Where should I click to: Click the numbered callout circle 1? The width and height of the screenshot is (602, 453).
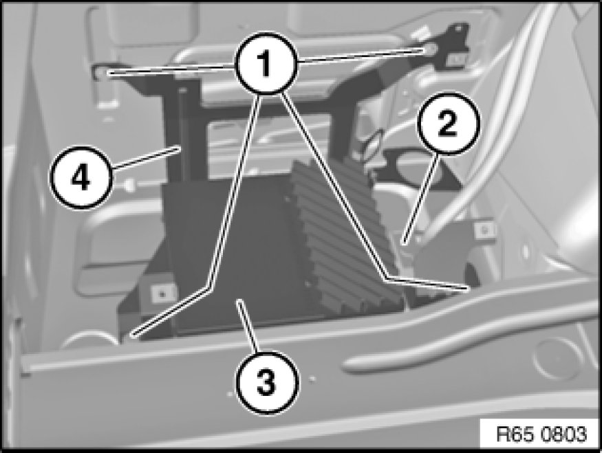click(x=266, y=63)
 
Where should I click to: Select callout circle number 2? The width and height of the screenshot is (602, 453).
click(x=449, y=124)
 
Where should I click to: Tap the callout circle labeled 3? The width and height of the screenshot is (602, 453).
click(x=267, y=382)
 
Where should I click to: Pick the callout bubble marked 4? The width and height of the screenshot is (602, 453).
click(x=81, y=177)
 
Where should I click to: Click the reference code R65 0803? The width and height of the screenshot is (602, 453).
click(x=541, y=434)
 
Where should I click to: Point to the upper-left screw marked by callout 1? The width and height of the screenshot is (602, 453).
click(x=101, y=71)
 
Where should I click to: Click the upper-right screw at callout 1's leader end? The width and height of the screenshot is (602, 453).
click(x=429, y=49)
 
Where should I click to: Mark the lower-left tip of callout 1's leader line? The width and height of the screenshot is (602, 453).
click(x=133, y=335)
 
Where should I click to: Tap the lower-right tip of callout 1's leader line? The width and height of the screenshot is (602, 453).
click(x=469, y=287)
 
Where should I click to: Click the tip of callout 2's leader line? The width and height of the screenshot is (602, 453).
click(x=403, y=243)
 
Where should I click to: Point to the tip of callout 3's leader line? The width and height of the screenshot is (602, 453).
click(x=239, y=302)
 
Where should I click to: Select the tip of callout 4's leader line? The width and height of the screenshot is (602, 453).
click(x=179, y=147)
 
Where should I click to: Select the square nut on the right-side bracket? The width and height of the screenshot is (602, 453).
click(x=485, y=230)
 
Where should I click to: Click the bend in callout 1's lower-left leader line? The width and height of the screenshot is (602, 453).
click(x=210, y=287)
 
